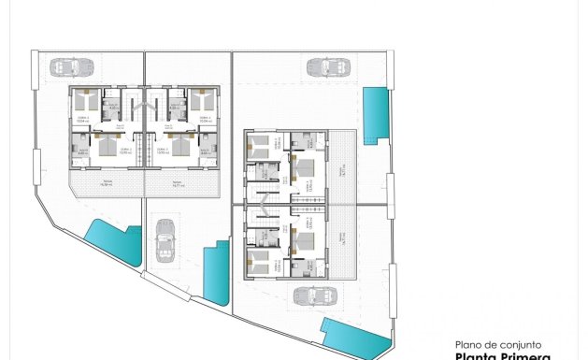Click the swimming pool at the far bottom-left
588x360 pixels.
tap(112, 243)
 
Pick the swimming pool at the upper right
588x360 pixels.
tap(376, 114)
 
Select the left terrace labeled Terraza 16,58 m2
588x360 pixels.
tap(108, 184)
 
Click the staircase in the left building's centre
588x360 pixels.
tap(144, 126)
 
